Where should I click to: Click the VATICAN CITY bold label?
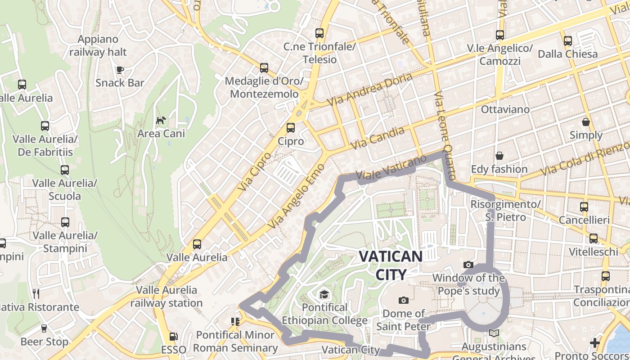391,265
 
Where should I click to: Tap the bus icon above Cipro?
291,128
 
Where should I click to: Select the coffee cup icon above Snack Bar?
120,70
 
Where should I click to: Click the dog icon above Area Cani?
161,120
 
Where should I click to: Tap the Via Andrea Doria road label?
369,90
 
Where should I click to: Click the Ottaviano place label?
505,109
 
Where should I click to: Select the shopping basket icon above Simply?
586,122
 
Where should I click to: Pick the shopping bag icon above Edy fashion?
499,156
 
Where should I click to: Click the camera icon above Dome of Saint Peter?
404,300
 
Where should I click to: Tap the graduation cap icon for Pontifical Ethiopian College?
324,295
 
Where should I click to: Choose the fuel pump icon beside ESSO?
173,337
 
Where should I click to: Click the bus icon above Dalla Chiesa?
567,41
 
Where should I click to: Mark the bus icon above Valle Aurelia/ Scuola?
65,170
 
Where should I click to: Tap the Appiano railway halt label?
98,46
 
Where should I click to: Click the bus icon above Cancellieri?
584,207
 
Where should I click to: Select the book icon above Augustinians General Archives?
494,333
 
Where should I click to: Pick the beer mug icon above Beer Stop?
44,328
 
